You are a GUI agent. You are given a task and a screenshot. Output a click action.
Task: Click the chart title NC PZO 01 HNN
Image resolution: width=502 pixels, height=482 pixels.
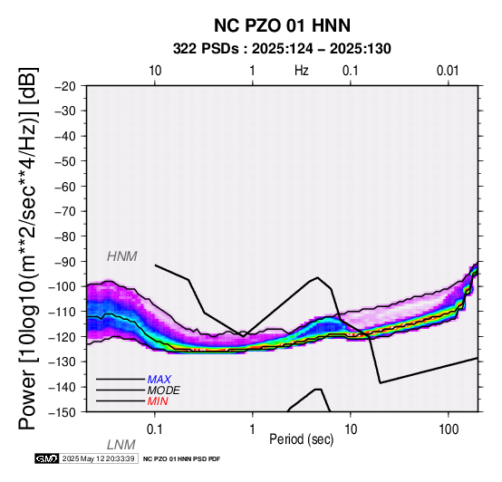pyautogui.click(x=282, y=25)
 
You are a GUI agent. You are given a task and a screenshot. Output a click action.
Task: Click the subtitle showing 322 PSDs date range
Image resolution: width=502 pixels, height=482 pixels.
pyautogui.click(x=282, y=49)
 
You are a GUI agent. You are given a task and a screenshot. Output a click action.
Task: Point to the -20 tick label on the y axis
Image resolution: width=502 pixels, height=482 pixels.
pyautogui.click(x=65, y=86)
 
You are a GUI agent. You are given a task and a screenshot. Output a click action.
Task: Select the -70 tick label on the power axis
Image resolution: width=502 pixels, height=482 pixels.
pyautogui.click(x=65, y=211)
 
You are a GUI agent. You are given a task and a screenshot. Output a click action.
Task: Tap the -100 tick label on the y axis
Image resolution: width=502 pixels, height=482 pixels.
pyautogui.click(x=63, y=286)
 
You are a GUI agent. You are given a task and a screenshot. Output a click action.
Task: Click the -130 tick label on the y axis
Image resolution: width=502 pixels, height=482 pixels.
pyautogui.click(x=63, y=361)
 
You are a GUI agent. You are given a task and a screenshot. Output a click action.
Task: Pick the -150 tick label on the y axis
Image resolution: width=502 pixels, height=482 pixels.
pyautogui.click(x=63, y=412)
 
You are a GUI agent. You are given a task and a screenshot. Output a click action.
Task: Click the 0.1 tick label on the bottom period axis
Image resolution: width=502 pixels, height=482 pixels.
pyautogui.click(x=154, y=429)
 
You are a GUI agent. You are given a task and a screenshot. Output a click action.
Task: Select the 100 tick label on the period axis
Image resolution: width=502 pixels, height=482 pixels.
pyautogui.click(x=449, y=429)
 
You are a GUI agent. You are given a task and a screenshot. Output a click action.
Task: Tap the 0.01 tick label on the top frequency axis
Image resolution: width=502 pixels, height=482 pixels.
pyautogui.click(x=449, y=71)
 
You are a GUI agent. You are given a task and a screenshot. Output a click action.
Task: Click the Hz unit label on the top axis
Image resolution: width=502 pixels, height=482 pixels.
pyautogui.click(x=301, y=71)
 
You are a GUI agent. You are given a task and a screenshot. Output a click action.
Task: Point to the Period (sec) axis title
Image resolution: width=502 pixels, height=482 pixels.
pyautogui.click(x=301, y=439)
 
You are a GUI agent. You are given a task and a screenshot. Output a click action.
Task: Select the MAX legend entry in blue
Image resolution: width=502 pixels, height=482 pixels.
pyautogui.click(x=159, y=380)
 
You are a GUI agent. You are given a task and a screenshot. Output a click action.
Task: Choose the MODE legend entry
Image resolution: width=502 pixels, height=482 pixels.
pyautogui.click(x=164, y=390)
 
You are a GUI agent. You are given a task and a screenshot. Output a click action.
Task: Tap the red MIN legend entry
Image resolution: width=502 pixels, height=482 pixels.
pyautogui.click(x=158, y=401)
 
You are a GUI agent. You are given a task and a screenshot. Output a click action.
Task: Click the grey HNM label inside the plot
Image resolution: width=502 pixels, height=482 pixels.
pyautogui.click(x=122, y=256)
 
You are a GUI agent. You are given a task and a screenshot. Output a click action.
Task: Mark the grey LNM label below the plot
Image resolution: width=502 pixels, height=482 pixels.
pyautogui.click(x=121, y=445)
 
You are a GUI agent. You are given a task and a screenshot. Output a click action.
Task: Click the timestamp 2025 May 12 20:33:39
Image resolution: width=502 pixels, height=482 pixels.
pyautogui.click(x=98, y=458)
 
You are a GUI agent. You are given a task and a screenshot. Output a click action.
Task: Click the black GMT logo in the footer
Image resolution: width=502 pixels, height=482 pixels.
pyautogui.click(x=47, y=458)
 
